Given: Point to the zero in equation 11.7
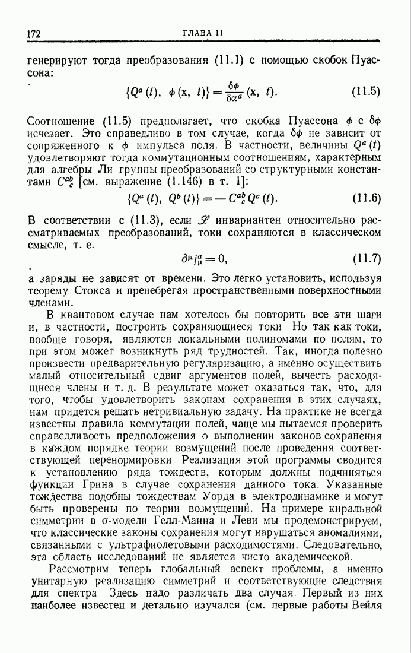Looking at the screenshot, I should coord(223,259).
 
